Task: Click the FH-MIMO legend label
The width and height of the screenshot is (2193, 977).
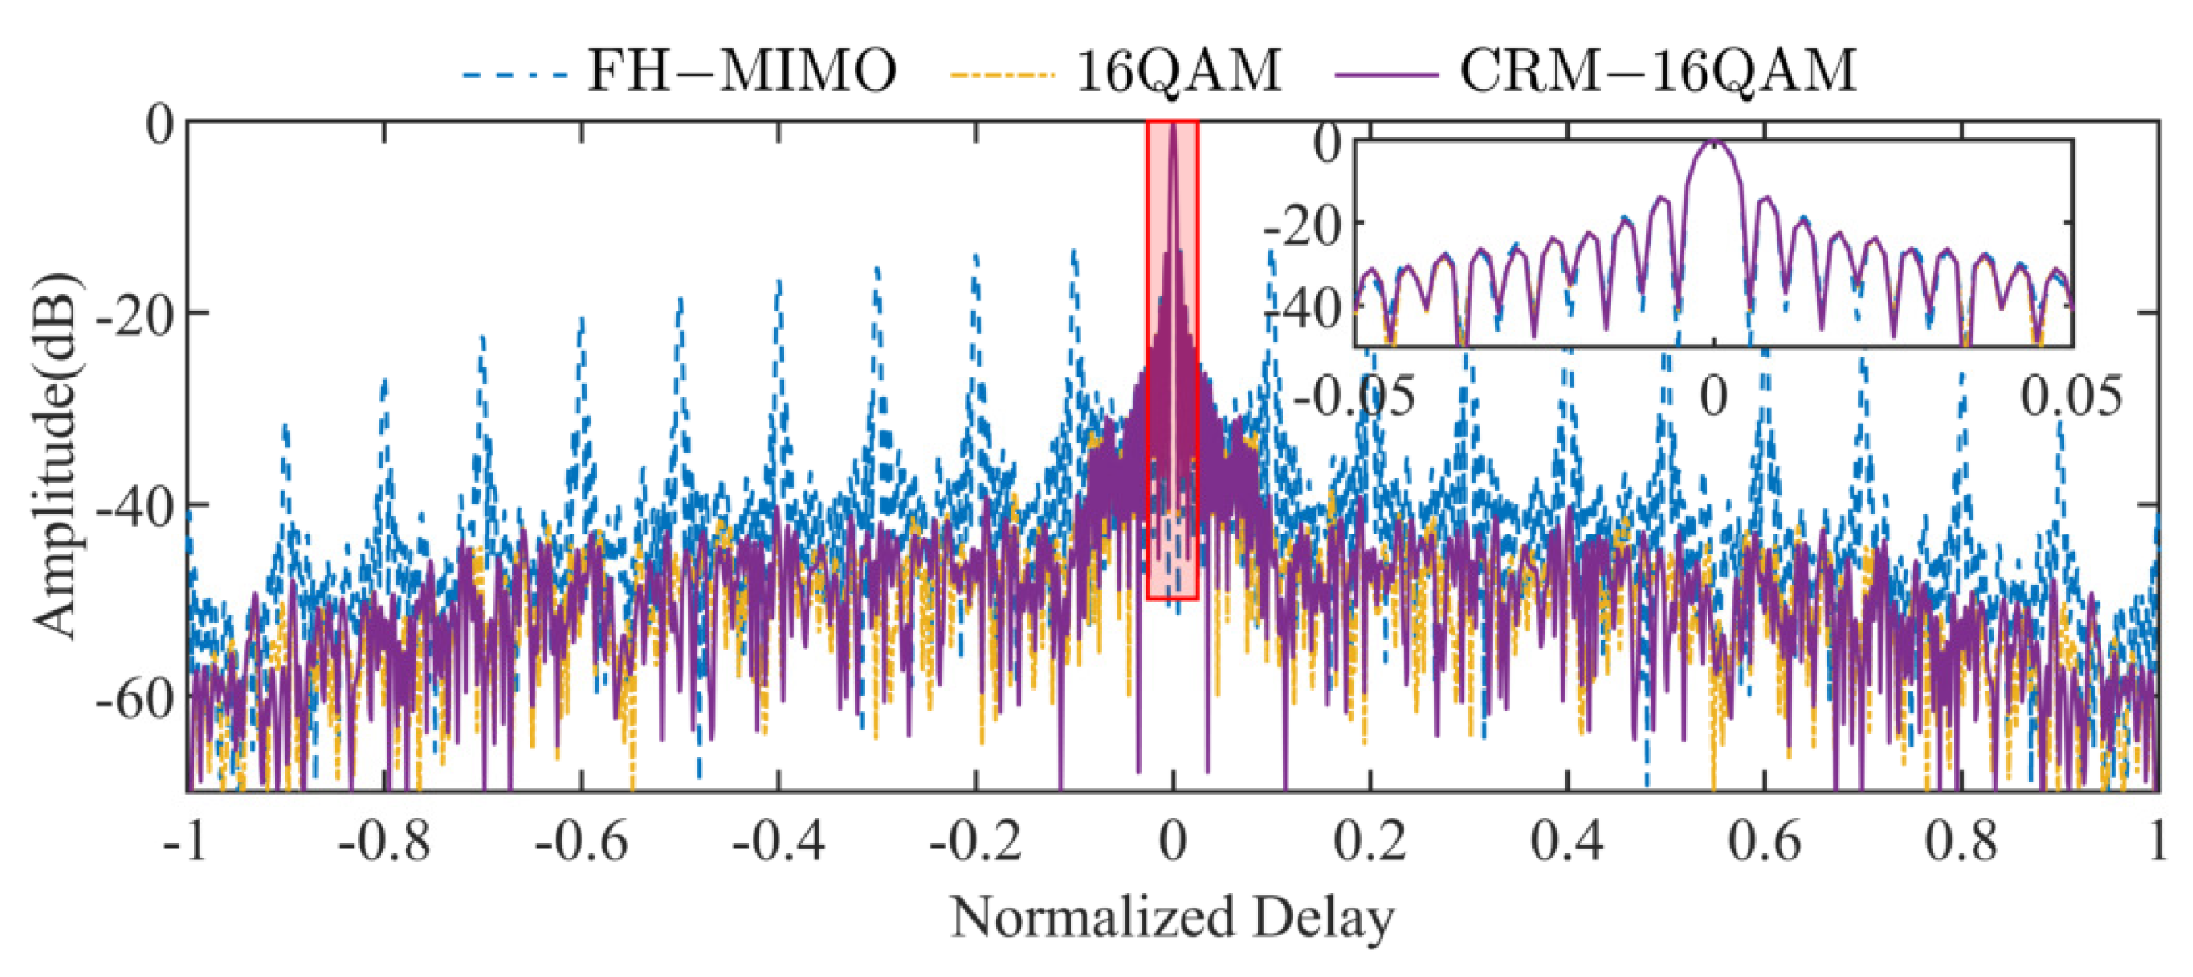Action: click(x=743, y=71)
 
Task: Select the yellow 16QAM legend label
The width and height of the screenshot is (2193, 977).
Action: click(x=1178, y=71)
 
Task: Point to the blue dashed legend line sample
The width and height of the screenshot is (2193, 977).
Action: click(x=514, y=75)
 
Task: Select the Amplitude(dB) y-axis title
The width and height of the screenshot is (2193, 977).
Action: click(x=54, y=455)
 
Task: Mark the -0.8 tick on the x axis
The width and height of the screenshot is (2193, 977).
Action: click(x=384, y=842)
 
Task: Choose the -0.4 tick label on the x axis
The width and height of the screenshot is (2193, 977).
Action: click(x=778, y=842)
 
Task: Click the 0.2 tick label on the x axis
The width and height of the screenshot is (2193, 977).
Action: click(x=1369, y=842)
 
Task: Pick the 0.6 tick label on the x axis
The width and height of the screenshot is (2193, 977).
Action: click(x=1764, y=842)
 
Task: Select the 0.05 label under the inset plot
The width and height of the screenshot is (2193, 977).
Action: click(x=2071, y=397)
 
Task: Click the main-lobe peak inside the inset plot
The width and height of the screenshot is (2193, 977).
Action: click(x=1713, y=143)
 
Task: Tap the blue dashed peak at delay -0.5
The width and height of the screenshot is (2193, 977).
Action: click(x=679, y=300)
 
